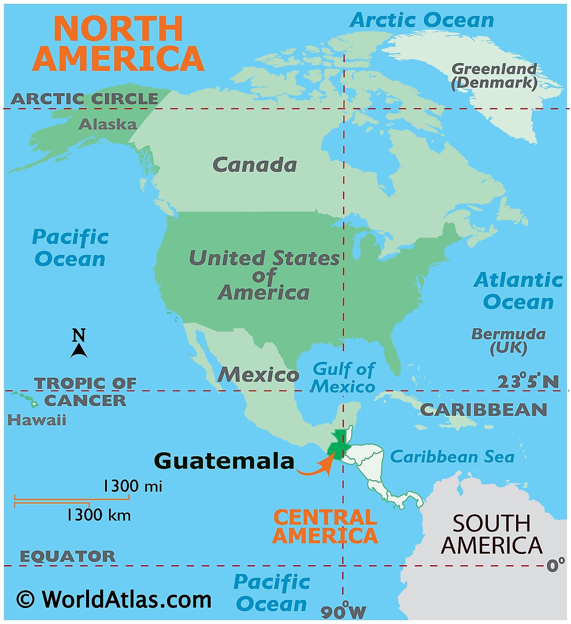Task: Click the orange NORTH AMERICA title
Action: [x=118, y=43]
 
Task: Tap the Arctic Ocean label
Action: [x=421, y=20]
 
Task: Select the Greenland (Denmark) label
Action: [x=494, y=76]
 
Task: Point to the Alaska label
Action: [x=107, y=125]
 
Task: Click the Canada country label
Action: [x=254, y=165]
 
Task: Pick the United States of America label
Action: [x=264, y=275]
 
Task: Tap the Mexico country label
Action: [x=258, y=374]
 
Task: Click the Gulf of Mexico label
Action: [x=343, y=378]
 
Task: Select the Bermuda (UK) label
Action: [x=508, y=341]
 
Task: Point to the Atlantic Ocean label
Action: [x=518, y=291]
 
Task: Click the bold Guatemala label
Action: [x=224, y=461]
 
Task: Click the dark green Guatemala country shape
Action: [x=337, y=445]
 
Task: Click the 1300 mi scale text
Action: [x=132, y=486]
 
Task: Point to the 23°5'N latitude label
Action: [x=528, y=382]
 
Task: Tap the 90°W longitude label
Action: [x=343, y=611]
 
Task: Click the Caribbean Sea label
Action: [x=452, y=457]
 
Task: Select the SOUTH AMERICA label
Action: [x=492, y=534]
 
